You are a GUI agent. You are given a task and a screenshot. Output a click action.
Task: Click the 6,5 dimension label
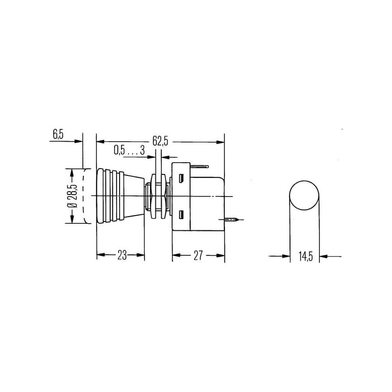point(58,134)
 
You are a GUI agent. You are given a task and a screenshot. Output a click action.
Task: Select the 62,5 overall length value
point(160,142)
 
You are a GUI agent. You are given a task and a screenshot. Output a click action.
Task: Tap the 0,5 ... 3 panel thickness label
point(129,150)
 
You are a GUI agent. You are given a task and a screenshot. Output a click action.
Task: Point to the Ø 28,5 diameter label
point(72,196)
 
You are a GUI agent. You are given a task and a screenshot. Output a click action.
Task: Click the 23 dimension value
point(122,255)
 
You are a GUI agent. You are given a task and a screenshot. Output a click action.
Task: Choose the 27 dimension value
point(198,255)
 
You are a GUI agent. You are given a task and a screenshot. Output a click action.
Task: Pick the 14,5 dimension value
point(305,256)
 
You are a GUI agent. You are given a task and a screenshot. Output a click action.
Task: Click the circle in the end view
point(304,181)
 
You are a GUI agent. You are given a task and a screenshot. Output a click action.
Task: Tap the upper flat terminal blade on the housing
point(199,166)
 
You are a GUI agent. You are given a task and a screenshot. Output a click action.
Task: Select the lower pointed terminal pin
point(231,220)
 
